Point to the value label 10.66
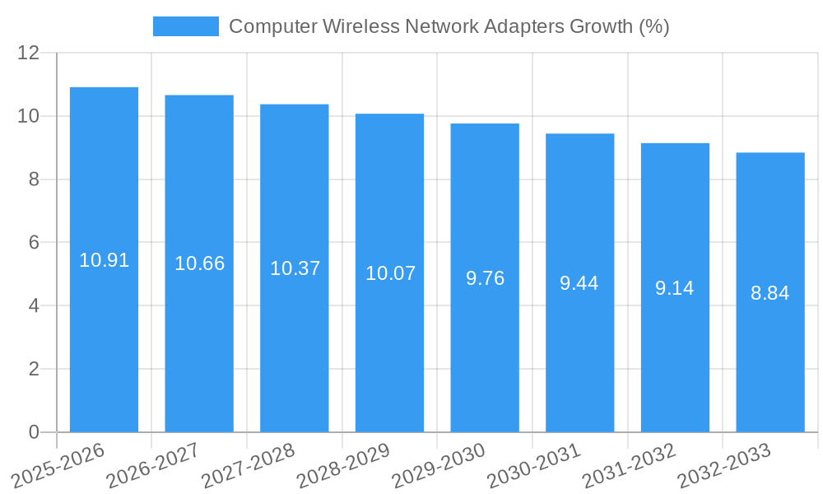pyautogui.click(x=199, y=263)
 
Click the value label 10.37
pyautogui.click(x=295, y=268)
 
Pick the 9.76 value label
pyautogui.click(x=485, y=278)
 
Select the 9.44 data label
pyautogui.click(x=579, y=283)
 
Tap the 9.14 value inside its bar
pyautogui.click(x=675, y=288)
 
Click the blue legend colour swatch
pyautogui.click(x=186, y=26)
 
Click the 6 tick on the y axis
pyautogui.click(x=34, y=243)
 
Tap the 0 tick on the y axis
pyautogui.click(x=34, y=432)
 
